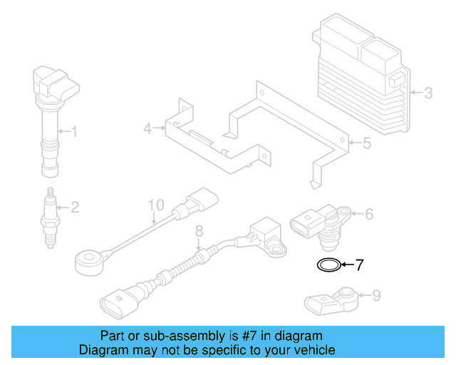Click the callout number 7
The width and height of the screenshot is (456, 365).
359,266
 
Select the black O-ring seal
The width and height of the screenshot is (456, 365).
328,266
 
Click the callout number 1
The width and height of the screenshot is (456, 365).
73,131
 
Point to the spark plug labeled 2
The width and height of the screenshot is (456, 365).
51,217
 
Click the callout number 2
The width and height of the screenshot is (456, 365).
73,207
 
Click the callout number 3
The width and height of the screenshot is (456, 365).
427,92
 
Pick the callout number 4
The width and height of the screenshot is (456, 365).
147,129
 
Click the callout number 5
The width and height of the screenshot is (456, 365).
366,143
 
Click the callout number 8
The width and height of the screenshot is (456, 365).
199,230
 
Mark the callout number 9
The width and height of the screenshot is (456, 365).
376,294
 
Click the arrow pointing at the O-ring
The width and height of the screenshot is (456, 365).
347,266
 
